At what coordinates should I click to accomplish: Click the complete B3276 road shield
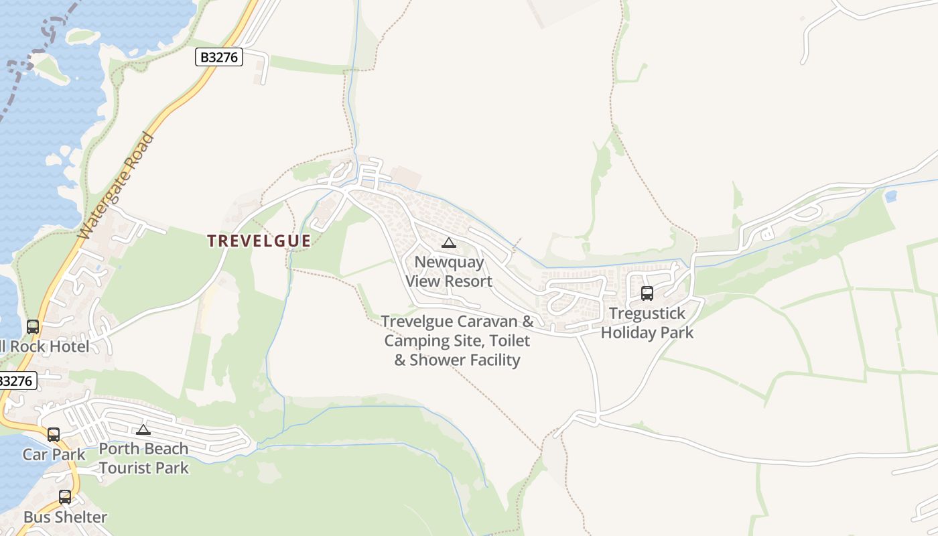(x=219, y=58)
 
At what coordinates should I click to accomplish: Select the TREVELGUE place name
(x=259, y=241)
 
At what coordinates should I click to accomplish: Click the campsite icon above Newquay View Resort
(x=449, y=243)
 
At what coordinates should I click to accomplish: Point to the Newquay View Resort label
(x=449, y=271)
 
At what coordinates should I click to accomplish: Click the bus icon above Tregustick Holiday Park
(x=647, y=293)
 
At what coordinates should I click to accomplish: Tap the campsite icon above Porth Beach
(x=143, y=429)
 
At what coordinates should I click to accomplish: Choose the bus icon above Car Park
(x=54, y=434)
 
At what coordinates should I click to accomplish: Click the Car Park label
(x=54, y=455)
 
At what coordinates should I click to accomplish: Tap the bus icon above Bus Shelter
(x=65, y=497)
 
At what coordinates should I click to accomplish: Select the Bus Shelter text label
(x=65, y=517)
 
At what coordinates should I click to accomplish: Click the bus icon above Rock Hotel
(x=33, y=327)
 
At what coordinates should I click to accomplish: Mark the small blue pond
(x=890, y=196)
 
